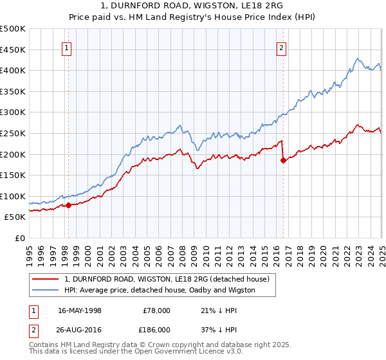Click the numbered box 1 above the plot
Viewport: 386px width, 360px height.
[x=67, y=46]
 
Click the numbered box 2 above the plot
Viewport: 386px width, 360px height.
[x=282, y=46]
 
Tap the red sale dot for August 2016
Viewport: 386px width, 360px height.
[x=283, y=161]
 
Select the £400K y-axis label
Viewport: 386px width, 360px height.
[x=14, y=70]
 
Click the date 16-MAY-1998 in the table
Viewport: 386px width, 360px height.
[x=80, y=310]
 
